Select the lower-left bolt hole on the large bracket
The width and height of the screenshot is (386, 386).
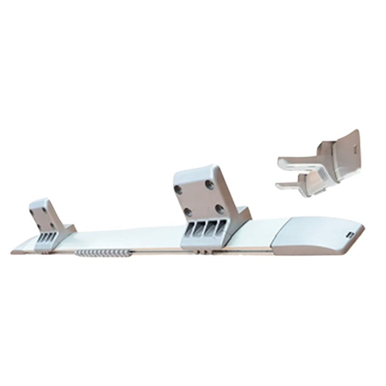coord(188,211)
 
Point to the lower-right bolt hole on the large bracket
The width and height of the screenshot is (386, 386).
coord(219,208)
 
